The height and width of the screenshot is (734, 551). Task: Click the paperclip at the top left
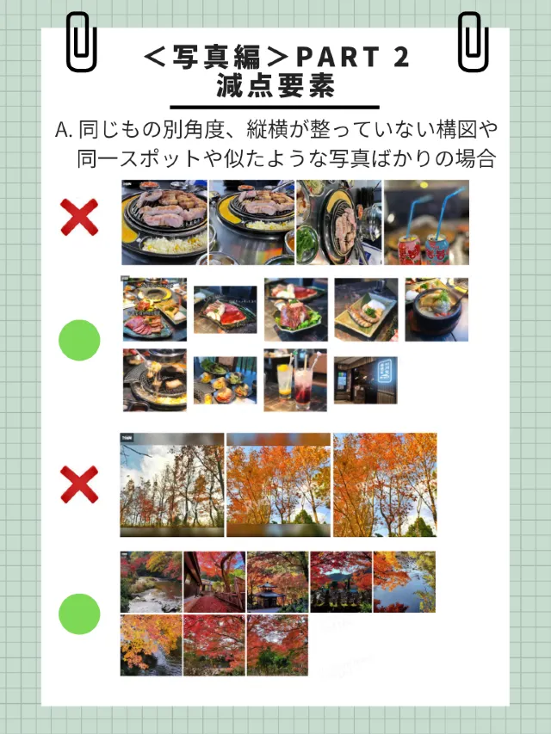point(81,42)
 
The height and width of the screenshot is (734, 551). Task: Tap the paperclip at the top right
point(473,42)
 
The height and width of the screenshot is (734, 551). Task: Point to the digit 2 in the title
point(400,58)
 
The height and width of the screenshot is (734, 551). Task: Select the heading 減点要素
point(275,86)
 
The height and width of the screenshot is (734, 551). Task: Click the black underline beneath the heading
point(275,106)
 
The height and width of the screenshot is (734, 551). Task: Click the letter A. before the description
point(65,131)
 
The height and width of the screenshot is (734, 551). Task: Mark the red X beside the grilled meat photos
point(79,217)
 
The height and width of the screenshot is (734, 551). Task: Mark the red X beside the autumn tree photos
point(79,484)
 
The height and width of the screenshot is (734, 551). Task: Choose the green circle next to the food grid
point(79,341)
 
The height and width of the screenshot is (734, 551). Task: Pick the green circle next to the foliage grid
point(79,614)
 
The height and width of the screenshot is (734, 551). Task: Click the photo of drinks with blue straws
point(426,222)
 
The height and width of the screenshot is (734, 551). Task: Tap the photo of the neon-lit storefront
point(365,379)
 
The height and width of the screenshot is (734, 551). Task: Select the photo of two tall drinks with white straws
point(294,379)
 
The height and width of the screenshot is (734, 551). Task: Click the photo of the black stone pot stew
point(436,310)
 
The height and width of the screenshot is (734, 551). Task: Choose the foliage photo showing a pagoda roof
point(277,582)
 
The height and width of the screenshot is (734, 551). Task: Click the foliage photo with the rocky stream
point(151,582)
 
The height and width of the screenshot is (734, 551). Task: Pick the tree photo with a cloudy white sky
point(172,484)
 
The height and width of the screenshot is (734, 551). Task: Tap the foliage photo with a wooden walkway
point(214,582)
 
